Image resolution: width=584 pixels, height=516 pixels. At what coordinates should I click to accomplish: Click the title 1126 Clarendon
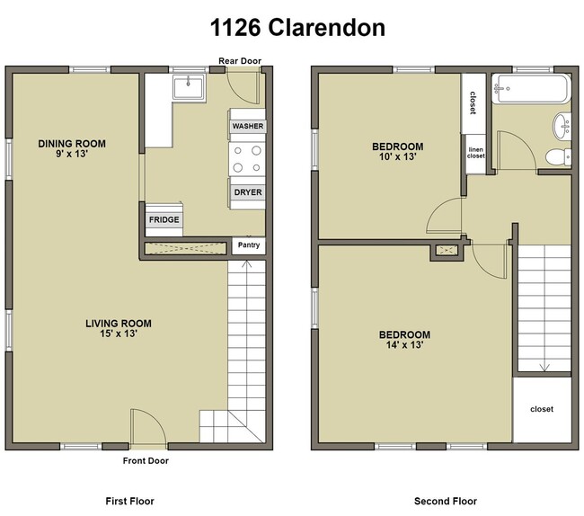[x=297, y=28]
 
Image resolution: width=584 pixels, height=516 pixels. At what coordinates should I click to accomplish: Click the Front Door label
[x=146, y=460]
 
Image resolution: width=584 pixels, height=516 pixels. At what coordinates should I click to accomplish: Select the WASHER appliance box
[x=248, y=127]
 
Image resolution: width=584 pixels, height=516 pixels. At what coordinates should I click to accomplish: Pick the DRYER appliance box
[x=248, y=192]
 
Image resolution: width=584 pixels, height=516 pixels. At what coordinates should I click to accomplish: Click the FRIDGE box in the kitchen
[x=164, y=219]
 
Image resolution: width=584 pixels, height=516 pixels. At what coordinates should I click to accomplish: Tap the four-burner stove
[x=248, y=159]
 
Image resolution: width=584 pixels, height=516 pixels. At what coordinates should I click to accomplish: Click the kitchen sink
[x=190, y=87]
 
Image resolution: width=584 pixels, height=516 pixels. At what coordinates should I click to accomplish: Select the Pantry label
[x=248, y=245]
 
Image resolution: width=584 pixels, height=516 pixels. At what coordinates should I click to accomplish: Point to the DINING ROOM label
[x=72, y=144]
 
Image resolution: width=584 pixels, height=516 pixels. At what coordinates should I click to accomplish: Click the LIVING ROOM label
[x=119, y=324]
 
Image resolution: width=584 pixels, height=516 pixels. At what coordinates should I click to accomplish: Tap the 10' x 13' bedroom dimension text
[x=397, y=156]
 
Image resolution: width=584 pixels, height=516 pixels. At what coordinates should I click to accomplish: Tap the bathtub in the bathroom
[x=531, y=88]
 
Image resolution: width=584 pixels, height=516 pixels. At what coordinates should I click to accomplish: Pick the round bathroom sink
[x=561, y=124]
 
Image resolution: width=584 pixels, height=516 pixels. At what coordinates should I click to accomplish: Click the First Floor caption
[x=129, y=501]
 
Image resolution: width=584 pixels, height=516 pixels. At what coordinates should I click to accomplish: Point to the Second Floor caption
[x=446, y=501]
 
